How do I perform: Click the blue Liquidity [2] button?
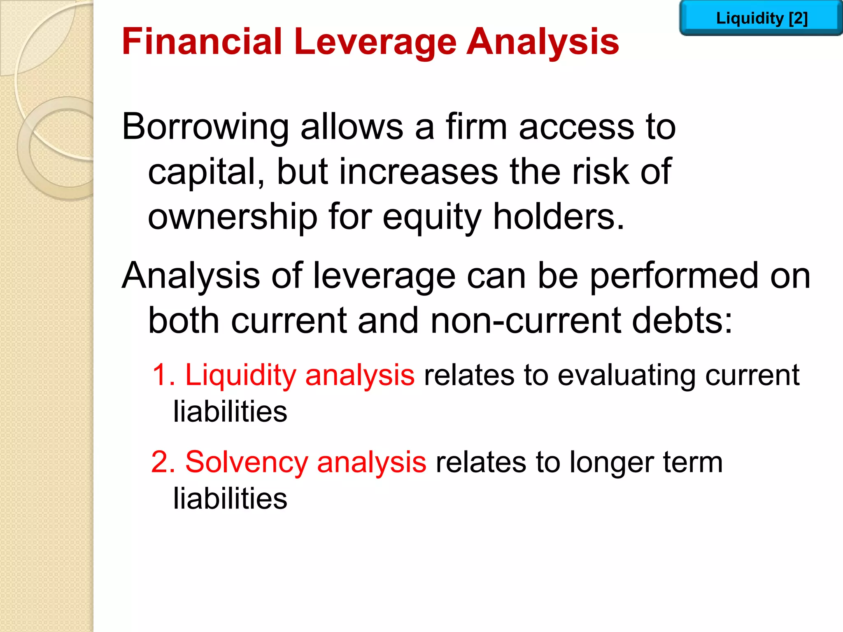[761, 19]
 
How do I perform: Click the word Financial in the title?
[202, 42]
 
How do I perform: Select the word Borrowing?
[205, 128]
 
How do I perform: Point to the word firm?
[476, 127]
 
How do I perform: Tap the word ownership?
[233, 217]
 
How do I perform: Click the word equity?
[432, 218]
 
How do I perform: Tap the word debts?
[682, 321]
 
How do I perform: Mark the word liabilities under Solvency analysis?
[230, 499]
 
